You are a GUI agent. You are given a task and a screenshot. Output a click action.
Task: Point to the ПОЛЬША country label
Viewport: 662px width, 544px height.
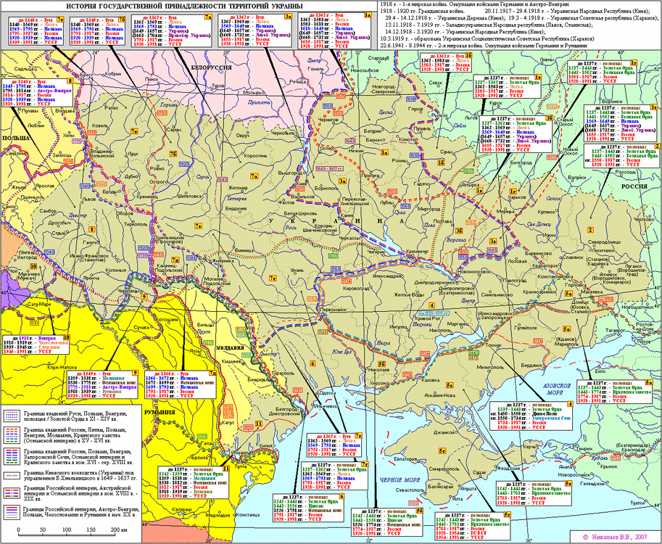(x=15, y=136)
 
